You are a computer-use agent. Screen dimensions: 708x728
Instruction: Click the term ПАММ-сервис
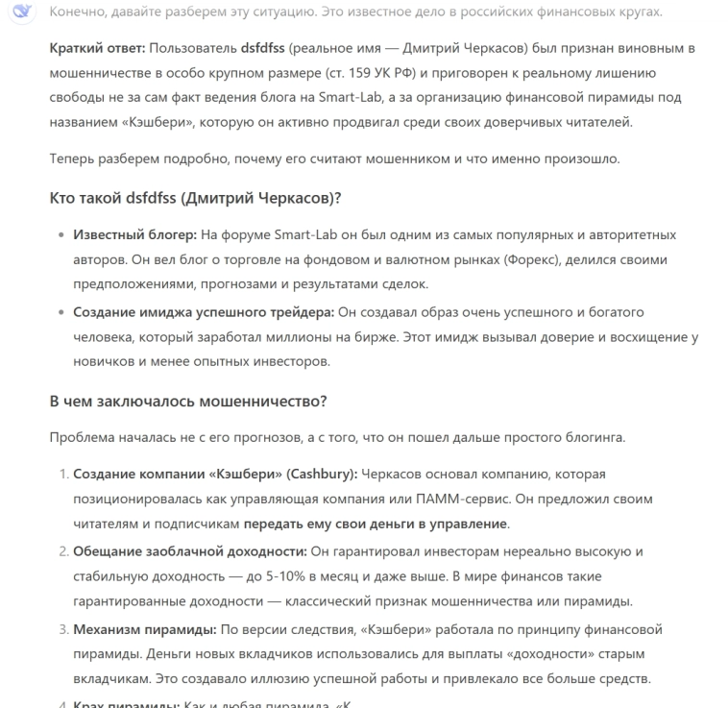[460, 500]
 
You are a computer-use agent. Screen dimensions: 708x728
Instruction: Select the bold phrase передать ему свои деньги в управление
[375, 525]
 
